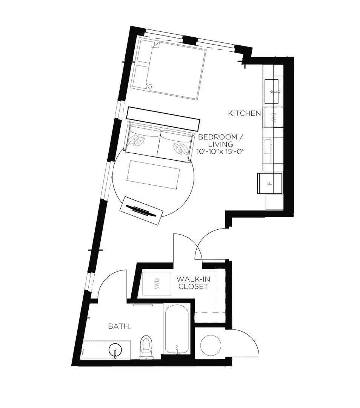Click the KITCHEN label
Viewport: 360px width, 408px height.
click(x=245, y=113)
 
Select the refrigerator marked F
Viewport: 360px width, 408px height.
click(x=269, y=183)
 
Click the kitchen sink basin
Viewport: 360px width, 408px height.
click(x=273, y=91)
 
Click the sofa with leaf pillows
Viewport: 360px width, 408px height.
click(x=158, y=143)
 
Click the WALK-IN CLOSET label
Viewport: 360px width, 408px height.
click(x=193, y=283)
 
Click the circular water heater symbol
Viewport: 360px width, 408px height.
click(x=211, y=344)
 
